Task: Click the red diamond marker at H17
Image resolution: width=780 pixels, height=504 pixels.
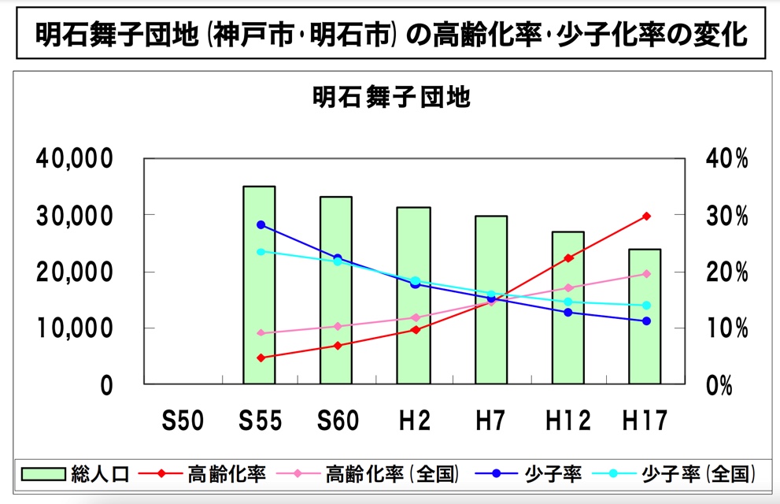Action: [x=646, y=216]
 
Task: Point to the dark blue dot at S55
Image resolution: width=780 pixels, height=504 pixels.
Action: [x=261, y=224]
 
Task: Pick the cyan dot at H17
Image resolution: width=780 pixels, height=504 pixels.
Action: [x=646, y=306]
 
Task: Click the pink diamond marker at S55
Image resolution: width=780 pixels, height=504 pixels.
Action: [x=261, y=333]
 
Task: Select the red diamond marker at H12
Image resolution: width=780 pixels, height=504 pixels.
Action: [x=569, y=258]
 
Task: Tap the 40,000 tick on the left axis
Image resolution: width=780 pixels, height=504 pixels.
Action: [x=75, y=158]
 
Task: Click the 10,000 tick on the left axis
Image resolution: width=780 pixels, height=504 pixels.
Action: [x=75, y=328]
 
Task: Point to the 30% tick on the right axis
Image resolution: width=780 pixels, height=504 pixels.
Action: [x=726, y=215]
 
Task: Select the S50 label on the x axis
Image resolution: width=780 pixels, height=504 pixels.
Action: [x=183, y=421]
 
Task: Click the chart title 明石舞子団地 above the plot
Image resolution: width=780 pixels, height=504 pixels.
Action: [x=390, y=98]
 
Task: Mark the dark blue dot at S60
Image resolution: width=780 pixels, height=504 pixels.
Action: [x=337, y=258]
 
